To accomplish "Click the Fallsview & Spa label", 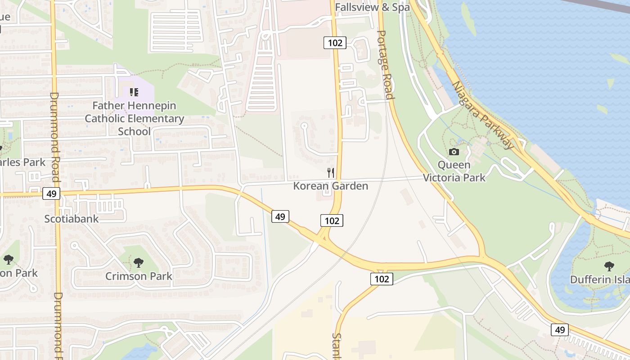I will point(372,7).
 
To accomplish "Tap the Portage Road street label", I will point(385,65).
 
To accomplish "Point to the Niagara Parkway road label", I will point(482,115).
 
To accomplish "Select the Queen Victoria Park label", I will point(454,171).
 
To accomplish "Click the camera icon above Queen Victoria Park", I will point(454,152).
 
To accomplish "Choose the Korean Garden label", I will point(331,186).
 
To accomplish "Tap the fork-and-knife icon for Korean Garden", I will point(331,172).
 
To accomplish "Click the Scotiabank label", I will point(71,219).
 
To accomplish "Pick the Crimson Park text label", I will point(139,276).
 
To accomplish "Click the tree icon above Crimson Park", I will point(139,262).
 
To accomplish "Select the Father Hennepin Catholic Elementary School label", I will point(134,118).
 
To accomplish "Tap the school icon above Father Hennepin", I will point(134,92).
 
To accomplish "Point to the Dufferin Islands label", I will point(600,279).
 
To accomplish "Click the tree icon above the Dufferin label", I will point(609,266).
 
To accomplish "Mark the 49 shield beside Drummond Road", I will point(51,194).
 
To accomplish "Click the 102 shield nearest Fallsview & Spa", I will point(334,43).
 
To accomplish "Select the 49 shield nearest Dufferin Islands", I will point(560,330).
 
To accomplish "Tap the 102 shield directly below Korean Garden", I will point(332,220).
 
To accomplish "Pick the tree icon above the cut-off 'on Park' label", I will point(8,259).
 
